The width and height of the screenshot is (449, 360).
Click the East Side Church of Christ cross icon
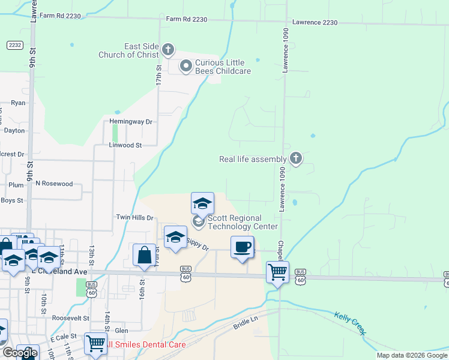(x=168, y=49)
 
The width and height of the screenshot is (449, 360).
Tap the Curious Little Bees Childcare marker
(x=186, y=66)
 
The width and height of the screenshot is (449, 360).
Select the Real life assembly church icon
(x=295, y=158)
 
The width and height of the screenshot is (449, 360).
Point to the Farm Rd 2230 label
(x=187, y=20)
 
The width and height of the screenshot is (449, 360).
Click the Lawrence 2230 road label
(x=315, y=22)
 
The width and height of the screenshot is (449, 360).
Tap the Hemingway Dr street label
(x=131, y=121)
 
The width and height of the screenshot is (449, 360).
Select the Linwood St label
(x=125, y=145)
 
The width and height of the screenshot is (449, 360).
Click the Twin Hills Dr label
(x=134, y=217)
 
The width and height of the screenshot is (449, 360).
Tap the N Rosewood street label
(x=54, y=184)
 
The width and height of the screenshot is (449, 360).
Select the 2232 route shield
(x=14, y=45)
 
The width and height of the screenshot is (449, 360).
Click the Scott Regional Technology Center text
(x=243, y=222)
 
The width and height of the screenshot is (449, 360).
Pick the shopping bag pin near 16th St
(x=145, y=255)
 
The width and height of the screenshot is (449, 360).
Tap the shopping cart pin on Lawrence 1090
(x=277, y=273)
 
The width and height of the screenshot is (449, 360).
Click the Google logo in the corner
(x=20, y=353)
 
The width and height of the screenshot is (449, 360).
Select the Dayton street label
(x=14, y=130)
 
